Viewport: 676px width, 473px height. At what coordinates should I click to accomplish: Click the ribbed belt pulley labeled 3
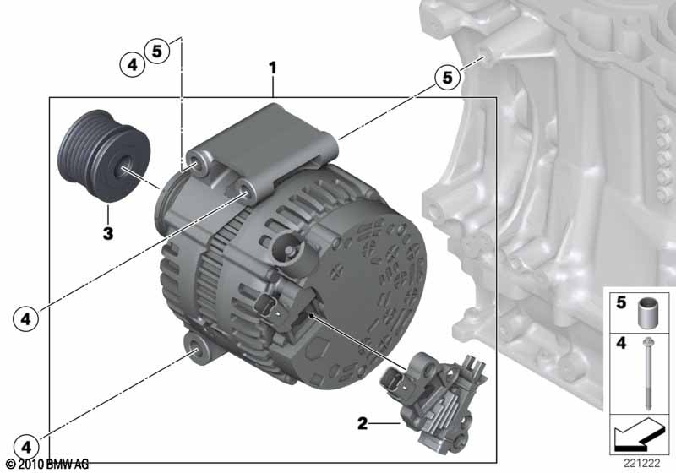point(104,156)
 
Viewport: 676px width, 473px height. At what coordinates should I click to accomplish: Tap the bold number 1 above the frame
point(272,68)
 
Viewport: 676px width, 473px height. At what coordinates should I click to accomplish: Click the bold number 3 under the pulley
point(108,233)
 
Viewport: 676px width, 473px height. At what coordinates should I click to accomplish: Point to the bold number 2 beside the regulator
point(363,423)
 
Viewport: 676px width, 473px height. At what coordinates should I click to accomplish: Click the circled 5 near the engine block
point(448,78)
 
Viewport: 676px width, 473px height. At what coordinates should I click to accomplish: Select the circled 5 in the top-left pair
point(157,51)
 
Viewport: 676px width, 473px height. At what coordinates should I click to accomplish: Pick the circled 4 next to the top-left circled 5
point(132,65)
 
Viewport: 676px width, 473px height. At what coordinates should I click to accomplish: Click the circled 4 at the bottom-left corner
point(26,447)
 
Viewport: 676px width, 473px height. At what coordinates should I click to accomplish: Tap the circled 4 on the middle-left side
point(26,319)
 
